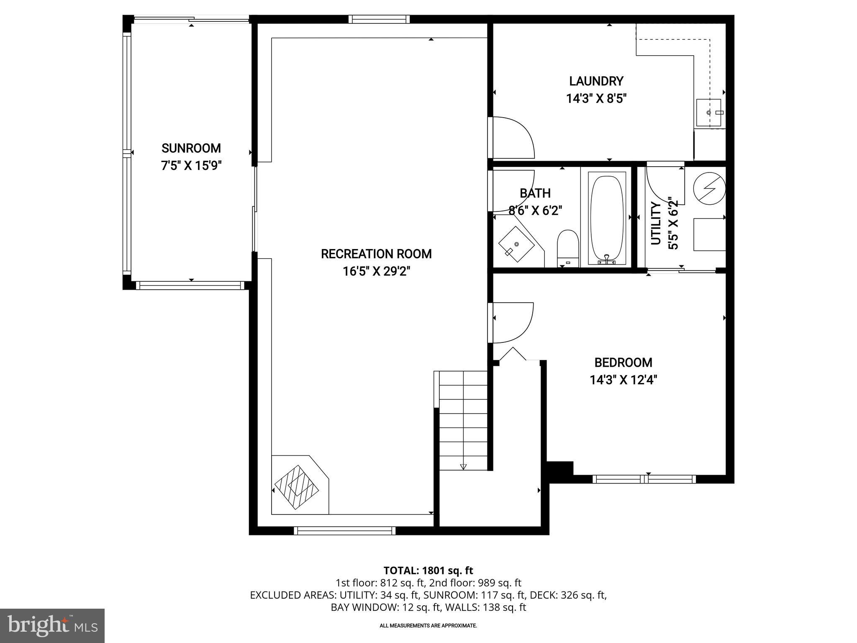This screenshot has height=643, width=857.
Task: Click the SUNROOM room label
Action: click(191, 148)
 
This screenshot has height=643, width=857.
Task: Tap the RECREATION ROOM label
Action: click(376, 254)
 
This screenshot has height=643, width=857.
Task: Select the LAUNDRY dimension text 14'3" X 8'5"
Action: click(596, 99)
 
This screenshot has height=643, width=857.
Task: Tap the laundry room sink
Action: click(709, 113)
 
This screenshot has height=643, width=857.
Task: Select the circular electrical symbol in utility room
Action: click(709, 188)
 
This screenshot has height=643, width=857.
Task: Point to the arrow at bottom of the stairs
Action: click(463, 466)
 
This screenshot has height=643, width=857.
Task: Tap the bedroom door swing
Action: click(511, 322)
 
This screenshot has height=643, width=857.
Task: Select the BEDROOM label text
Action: click(623, 363)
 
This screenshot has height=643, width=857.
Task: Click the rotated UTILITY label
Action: click(656, 223)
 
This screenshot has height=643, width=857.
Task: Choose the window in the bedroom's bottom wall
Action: click(644, 479)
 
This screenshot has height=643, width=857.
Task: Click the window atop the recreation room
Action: click(379, 19)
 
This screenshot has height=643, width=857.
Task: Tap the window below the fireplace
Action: click(344, 531)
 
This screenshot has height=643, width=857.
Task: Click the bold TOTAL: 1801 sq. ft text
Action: click(428, 571)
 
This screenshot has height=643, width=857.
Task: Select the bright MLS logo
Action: click(52, 626)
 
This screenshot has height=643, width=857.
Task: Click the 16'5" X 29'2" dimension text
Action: click(376, 272)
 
